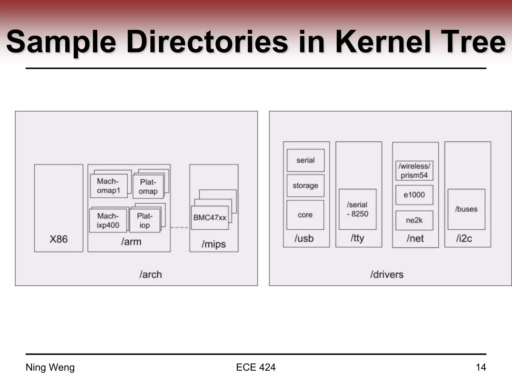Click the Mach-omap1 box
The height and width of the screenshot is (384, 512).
108,186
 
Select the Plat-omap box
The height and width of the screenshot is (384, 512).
148,186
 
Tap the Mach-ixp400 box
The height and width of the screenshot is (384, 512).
108,220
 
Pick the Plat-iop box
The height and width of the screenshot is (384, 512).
144,220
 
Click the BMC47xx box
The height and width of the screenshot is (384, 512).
210,217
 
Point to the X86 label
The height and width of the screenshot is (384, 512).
58,239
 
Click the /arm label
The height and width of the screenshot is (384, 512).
131,242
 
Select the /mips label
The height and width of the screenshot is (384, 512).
213,244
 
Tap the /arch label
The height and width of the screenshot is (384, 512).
150,274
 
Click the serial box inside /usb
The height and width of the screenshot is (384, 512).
305,160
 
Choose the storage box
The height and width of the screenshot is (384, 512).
305,185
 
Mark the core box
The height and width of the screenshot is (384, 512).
305,215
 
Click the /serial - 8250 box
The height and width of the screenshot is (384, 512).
357,209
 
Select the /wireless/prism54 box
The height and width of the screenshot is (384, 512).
414,170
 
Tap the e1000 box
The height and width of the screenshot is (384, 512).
414,195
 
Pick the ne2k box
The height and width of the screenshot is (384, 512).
414,220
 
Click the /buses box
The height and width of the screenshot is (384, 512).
466,209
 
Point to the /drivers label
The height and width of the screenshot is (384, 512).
387,274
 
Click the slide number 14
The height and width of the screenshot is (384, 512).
481,367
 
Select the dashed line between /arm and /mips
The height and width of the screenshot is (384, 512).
179,227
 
